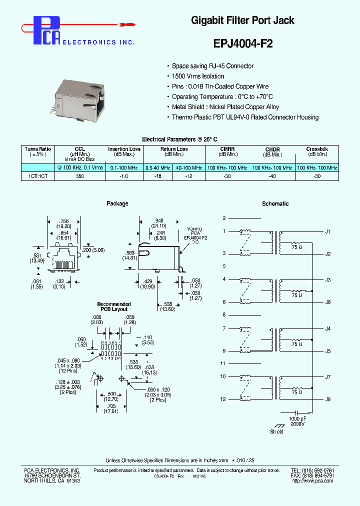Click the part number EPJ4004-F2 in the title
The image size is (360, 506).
coord(243,43)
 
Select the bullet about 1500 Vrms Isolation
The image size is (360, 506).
coord(198,76)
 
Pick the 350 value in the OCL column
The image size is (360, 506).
coord(80,176)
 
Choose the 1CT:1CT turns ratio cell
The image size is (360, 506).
coord(38,176)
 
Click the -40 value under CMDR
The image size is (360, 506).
coord(272,176)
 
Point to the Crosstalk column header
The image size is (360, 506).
coord(317,149)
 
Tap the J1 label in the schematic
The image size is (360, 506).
coord(328,232)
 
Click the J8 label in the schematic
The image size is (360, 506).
coord(328,399)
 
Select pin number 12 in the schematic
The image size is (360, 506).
coord(223,399)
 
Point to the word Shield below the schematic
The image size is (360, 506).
coord(276,431)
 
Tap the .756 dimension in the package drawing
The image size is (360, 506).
coord(63,220)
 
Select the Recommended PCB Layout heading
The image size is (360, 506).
coord(114,306)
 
